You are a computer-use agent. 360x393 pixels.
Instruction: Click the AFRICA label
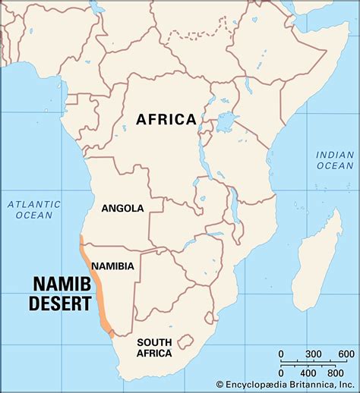tap(166, 119)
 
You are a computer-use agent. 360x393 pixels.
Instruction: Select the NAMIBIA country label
tap(112, 266)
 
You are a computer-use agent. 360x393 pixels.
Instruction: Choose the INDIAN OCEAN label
tap(335, 161)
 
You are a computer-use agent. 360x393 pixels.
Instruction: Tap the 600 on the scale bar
tap(346, 354)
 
